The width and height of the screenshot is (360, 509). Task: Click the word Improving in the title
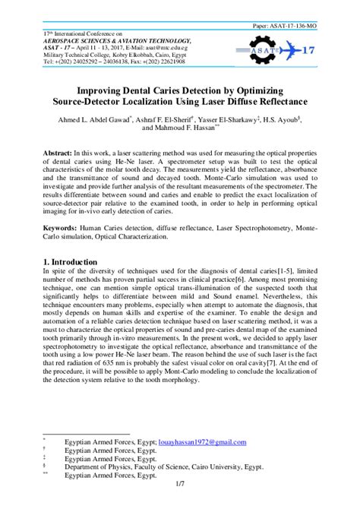click(100, 87)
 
